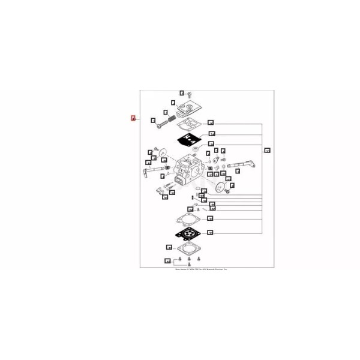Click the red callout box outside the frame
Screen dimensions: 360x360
[133, 118]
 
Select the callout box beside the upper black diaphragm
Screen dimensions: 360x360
[211, 134]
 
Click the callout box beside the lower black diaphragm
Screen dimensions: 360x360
[211, 232]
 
